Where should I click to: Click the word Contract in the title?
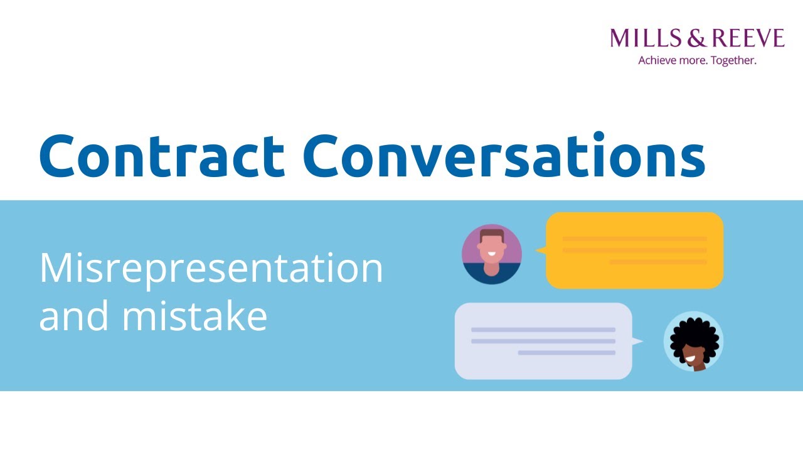[x=162, y=156]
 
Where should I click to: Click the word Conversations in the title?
[x=504, y=156]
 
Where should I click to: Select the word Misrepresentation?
[x=211, y=268]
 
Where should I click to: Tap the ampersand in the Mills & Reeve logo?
[x=696, y=39]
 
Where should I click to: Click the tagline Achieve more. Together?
[x=697, y=61]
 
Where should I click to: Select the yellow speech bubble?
[x=634, y=250]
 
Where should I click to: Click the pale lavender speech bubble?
[x=543, y=341]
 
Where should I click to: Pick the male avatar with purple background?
[x=492, y=254]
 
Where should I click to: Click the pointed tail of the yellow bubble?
[x=540, y=250]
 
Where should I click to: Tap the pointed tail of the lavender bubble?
[x=637, y=342]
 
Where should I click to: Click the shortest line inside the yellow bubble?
[x=657, y=262]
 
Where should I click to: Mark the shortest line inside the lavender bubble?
[x=566, y=353]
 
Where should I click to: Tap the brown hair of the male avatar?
[x=492, y=234]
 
